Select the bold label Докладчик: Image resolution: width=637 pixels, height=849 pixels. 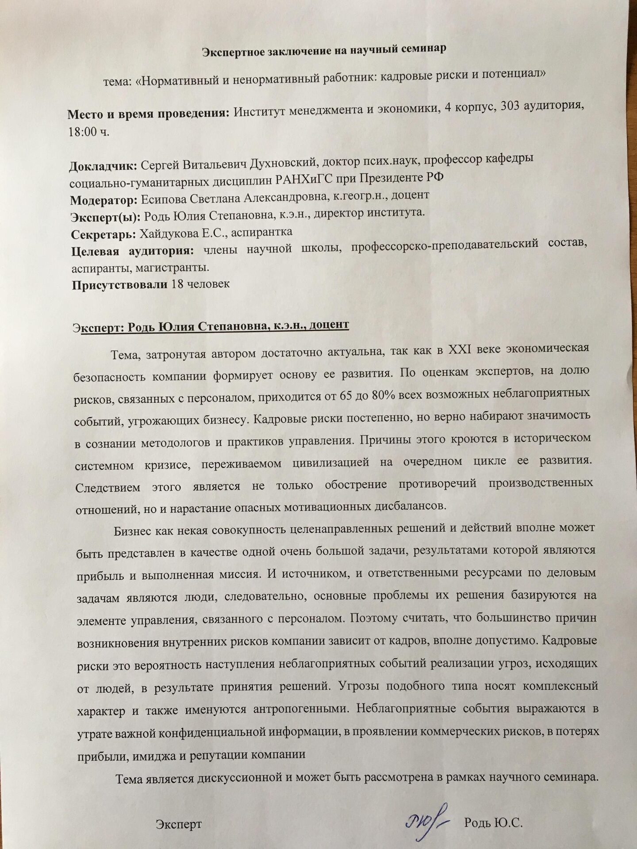pyautogui.click(x=103, y=167)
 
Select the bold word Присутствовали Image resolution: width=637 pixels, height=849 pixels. pyautogui.click(x=119, y=284)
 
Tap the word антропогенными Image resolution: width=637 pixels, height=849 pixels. pyautogui.click(x=302, y=707)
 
